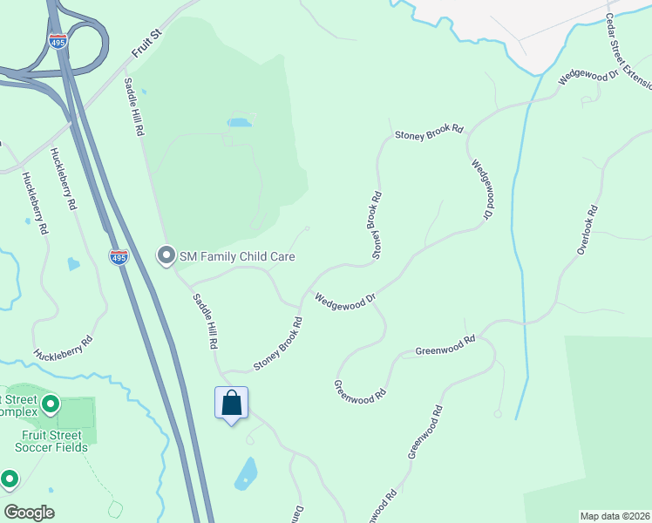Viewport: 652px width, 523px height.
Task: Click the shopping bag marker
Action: (x=231, y=404)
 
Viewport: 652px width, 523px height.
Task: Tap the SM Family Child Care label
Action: (x=237, y=256)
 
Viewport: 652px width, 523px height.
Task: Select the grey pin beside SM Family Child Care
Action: (x=166, y=255)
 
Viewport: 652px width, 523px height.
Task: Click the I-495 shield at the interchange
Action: (x=58, y=42)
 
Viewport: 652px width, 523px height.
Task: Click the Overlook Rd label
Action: (x=587, y=229)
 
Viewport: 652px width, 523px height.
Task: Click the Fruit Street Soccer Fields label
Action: (x=51, y=441)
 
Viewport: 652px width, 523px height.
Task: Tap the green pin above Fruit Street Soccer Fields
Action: (x=51, y=404)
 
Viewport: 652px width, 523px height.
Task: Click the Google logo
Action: (x=28, y=513)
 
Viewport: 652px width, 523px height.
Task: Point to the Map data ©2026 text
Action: (x=614, y=516)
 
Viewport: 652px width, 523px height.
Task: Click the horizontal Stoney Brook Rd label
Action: (x=429, y=134)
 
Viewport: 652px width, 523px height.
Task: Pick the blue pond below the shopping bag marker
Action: (x=247, y=473)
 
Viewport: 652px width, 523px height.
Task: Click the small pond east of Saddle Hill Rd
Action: (x=239, y=123)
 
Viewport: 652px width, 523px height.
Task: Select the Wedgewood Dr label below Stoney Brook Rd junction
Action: (x=345, y=299)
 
